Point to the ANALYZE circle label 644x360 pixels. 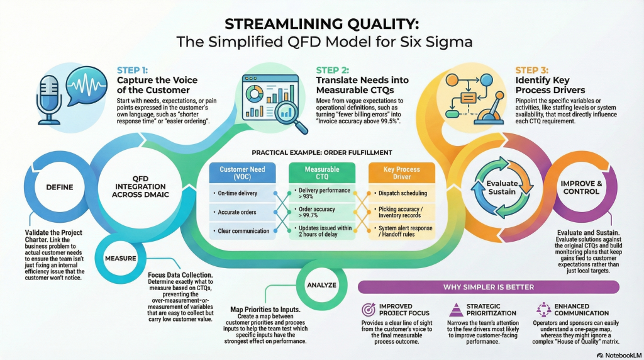point(321,285)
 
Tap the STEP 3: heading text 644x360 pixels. point(532,70)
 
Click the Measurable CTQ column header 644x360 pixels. point(322,173)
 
